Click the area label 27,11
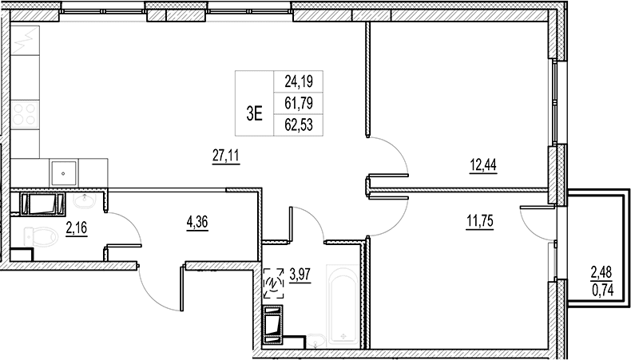point(226,156)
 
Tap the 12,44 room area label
point(483,165)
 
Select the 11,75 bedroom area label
point(480,221)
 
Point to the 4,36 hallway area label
point(197,222)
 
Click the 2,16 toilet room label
point(77,228)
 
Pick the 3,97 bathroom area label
point(300,275)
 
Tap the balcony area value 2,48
point(601,273)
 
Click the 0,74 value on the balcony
point(602,290)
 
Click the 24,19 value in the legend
point(299,81)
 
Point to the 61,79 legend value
point(299,104)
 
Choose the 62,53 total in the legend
point(299,125)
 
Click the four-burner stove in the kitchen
point(25,113)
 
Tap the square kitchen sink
point(64,173)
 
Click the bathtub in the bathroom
point(343,304)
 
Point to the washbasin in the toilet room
point(85,200)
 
